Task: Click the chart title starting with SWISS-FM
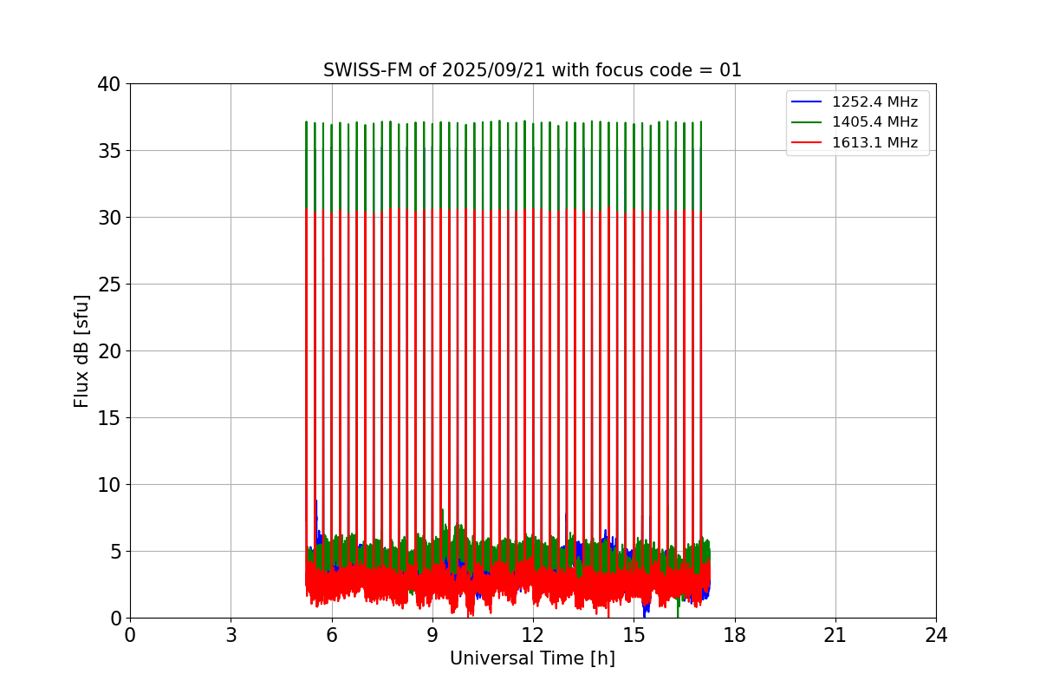(532, 70)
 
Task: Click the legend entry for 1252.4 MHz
(874, 102)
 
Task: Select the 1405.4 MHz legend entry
(874, 122)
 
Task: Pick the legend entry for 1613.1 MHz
(874, 142)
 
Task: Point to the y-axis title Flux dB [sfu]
(81, 350)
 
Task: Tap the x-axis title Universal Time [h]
(532, 659)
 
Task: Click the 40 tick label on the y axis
(109, 84)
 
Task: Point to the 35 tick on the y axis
(109, 151)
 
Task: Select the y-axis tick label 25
(109, 285)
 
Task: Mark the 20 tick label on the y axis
(109, 351)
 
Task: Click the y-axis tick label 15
(109, 418)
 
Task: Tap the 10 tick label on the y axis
(109, 485)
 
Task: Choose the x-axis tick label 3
(231, 636)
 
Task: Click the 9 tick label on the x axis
(432, 636)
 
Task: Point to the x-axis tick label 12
(533, 636)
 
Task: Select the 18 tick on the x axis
(735, 636)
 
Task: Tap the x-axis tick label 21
(835, 636)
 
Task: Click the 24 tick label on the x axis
(936, 636)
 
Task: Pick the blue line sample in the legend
(807, 102)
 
